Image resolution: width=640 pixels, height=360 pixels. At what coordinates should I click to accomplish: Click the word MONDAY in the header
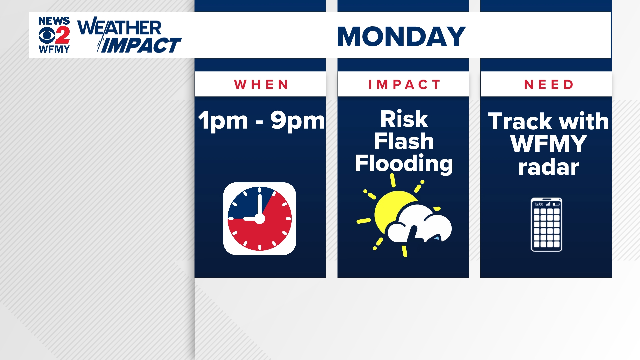click(401, 36)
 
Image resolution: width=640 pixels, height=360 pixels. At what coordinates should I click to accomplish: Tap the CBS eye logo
click(46, 35)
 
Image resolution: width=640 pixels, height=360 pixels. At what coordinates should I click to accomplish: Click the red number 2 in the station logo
click(62, 35)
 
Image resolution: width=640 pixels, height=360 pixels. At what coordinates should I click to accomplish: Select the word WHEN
click(261, 85)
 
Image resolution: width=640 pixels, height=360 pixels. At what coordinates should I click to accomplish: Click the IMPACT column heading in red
click(404, 85)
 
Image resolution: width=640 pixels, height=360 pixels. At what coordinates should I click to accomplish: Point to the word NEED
click(549, 85)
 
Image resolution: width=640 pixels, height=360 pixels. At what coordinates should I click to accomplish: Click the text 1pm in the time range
click(223, 121)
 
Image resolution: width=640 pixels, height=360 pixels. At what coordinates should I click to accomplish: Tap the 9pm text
click(297, 121)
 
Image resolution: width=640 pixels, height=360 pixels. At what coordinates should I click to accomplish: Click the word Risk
click(404, 119)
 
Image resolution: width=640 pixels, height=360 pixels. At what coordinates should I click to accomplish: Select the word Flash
click(404, 141)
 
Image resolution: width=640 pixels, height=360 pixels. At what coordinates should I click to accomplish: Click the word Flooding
click(404, 163)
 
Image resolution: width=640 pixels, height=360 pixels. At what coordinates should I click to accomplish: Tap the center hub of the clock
click(259, 219)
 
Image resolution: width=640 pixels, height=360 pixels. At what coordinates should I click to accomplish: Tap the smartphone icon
click(546, 224)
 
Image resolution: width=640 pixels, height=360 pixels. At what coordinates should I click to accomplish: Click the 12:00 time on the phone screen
click(539, 204)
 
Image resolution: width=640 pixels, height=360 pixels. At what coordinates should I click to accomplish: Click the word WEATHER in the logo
click(119, 28)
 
